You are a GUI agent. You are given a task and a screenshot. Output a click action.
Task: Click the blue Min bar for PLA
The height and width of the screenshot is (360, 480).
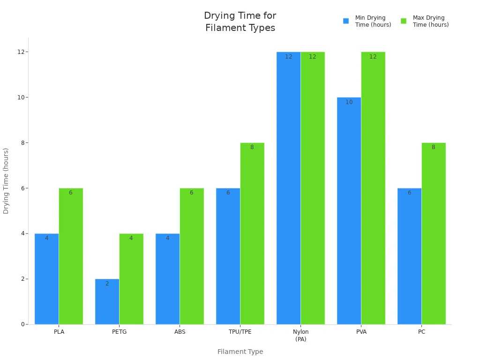tap(46, 279)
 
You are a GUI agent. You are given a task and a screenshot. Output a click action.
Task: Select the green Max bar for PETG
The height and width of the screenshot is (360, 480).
tap(131, 279)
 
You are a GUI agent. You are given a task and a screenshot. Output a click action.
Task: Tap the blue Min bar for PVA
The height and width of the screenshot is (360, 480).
tap(349, 211)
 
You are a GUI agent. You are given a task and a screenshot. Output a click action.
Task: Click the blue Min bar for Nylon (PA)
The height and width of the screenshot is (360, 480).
tap(288, 188)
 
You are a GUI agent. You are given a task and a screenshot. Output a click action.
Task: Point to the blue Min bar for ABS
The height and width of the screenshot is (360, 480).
tap(167, 279)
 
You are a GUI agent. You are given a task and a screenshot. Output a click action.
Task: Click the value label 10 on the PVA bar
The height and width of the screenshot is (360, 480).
tap(349, 102)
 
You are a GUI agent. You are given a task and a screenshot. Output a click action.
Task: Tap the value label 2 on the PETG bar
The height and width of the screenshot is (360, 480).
tap(107, 284)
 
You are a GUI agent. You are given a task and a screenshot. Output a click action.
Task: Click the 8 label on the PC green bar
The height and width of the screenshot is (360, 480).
tap(433, 147)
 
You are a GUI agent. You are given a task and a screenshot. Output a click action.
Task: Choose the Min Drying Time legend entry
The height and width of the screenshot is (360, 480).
tap(367, 21)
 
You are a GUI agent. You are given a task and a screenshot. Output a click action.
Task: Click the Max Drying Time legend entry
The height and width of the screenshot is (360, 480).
tap(425, 21)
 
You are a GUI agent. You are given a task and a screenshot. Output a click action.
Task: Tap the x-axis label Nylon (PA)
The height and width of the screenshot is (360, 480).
tap(300, 335)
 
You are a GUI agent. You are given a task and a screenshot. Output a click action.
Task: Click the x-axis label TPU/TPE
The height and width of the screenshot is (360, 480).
tap(240, 332)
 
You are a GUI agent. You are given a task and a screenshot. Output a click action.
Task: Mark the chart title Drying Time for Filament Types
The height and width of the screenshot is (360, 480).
tap(240, 22)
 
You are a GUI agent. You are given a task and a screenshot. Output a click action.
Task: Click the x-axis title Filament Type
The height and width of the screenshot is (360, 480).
tap(240, 352)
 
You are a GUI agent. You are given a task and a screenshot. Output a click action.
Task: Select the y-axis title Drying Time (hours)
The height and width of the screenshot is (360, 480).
tap(6, 181)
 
